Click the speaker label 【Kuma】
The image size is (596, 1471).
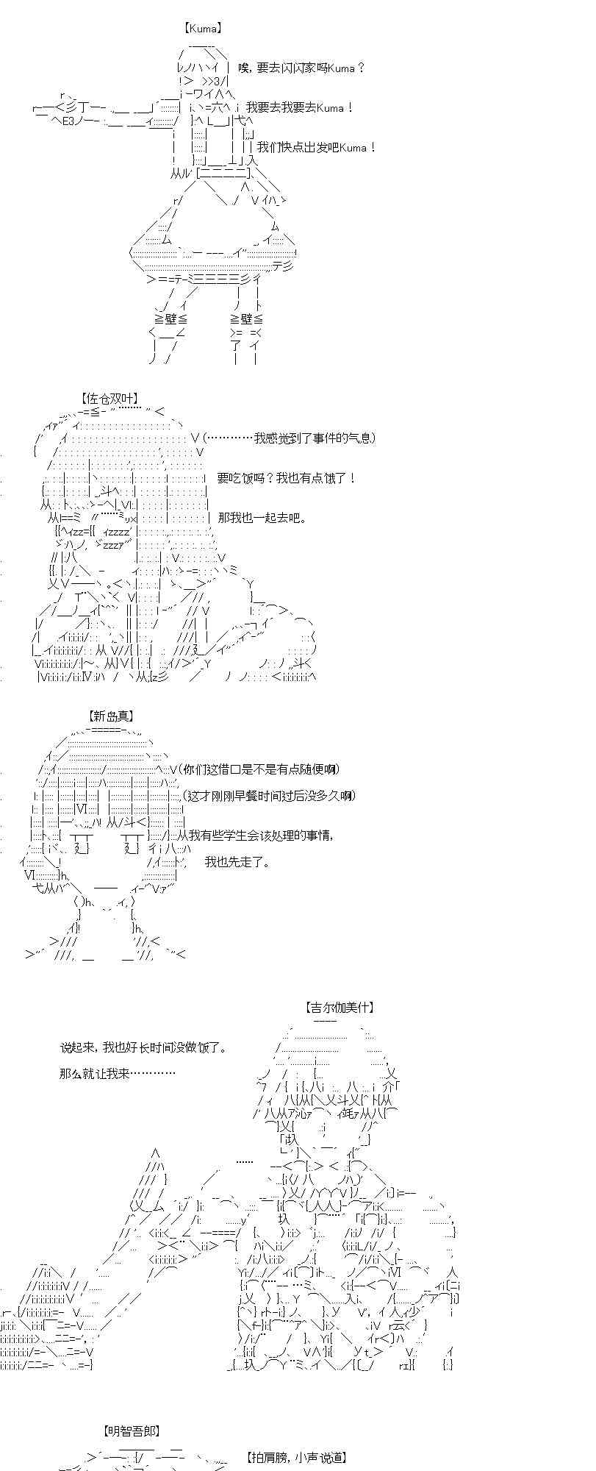[202, 29]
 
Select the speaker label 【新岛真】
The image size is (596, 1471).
[111, 716]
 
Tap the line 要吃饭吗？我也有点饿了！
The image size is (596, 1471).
[287, 478]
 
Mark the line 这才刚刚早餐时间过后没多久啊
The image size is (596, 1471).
[272, 796]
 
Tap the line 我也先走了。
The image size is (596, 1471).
[237, 862]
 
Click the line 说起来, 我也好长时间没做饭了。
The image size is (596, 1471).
[143, 1047]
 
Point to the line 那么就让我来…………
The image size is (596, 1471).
[118, 1074]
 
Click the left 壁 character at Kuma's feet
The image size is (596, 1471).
[171, 319]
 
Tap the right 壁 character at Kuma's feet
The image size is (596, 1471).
[246, 319]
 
